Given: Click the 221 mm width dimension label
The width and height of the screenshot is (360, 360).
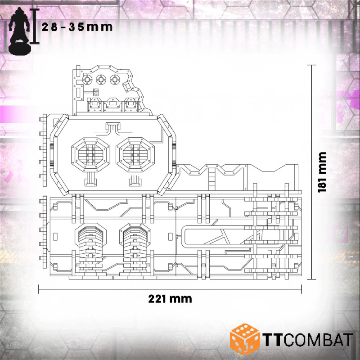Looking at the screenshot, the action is tap(170, 299).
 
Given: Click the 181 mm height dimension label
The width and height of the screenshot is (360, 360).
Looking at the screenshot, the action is tap(322, 172).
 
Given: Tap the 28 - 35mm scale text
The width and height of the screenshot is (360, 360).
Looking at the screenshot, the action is tap(77, 27).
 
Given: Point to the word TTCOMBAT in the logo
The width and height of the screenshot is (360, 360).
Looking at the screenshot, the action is tap(308, 340).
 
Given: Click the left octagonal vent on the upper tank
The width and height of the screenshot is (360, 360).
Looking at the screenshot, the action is tap(91, 154).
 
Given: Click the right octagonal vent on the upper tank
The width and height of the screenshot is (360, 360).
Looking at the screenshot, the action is tap(135, 154).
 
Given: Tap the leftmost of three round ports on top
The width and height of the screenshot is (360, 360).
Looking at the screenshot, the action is tap(87, 80).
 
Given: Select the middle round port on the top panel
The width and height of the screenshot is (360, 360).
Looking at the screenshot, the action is tap(101, 80).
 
